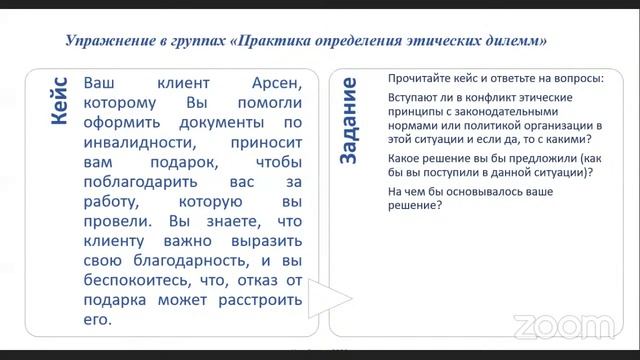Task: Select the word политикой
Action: [x=474, y=127]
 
